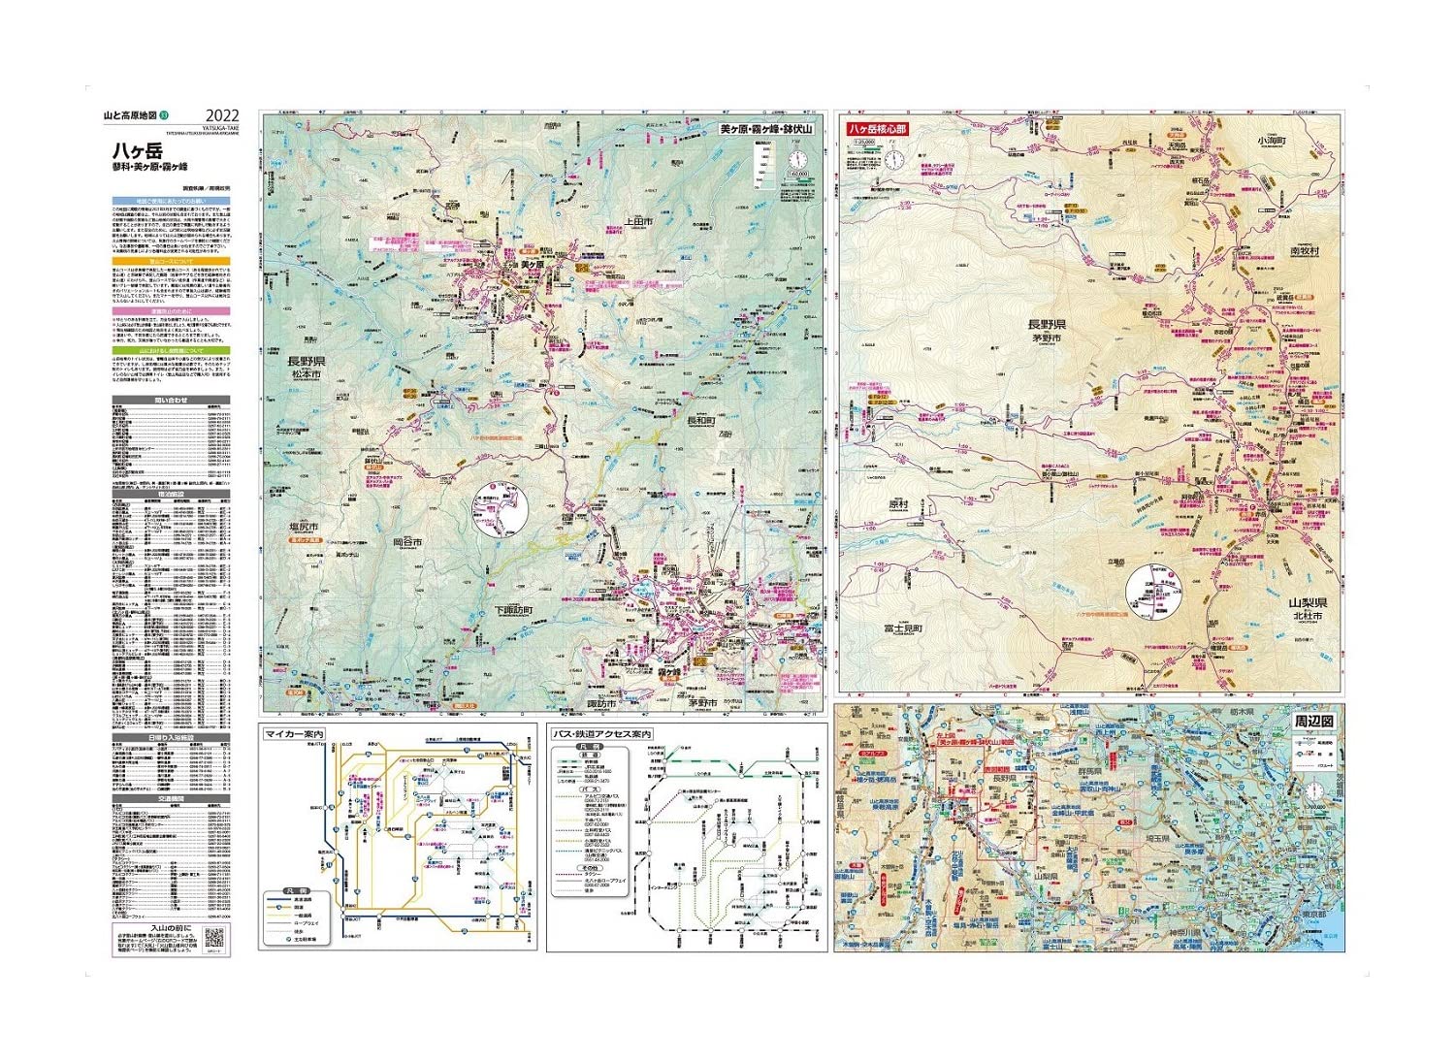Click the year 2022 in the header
[x=222, y=116]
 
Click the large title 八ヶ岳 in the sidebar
[x=137, y=151]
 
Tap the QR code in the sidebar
[x=214, y=939]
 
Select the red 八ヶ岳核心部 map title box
[x=877, y=128]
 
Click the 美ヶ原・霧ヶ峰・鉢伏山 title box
[x=766, y=128]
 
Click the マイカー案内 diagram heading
[x=294, y=735]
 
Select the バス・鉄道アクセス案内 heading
[x=601, y=735]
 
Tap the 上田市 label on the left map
[x=639, y=221]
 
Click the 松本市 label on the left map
[x=305, y=374]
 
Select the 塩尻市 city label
[x=304, y=528]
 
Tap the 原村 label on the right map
[x=898, y=504]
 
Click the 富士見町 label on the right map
[x=903, y=628]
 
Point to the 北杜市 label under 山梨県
[x=1307, y=616]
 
